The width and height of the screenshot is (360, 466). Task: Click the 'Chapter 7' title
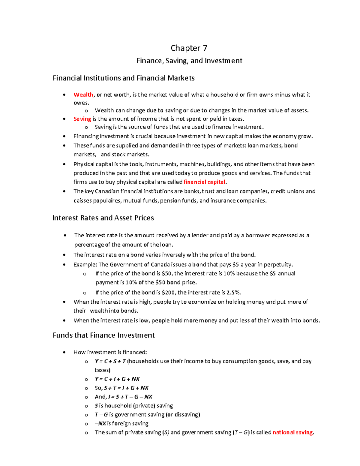coord(189,48)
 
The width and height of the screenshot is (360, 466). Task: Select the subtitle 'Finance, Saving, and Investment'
coord(189,61)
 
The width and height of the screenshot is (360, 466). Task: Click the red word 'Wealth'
coord(83,95)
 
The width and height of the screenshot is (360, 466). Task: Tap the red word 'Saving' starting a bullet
coord(82,119)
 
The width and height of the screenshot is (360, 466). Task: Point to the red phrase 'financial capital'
coord(204,182)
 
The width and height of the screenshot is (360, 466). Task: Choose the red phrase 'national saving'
coord(293,432)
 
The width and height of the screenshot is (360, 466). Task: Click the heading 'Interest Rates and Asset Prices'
coord(103,218)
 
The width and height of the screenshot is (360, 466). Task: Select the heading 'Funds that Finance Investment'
coord(103,335)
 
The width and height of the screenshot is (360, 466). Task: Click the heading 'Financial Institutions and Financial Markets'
coord(124,78)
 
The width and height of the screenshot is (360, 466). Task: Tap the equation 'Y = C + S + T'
coord(110,361)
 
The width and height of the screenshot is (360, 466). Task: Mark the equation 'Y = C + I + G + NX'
coord(117,379)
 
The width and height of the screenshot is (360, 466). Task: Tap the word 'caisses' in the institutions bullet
coord(82,201)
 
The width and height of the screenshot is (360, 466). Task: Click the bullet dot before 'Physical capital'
coord(64,164)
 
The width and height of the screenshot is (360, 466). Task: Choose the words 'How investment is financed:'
coord(110,352)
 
